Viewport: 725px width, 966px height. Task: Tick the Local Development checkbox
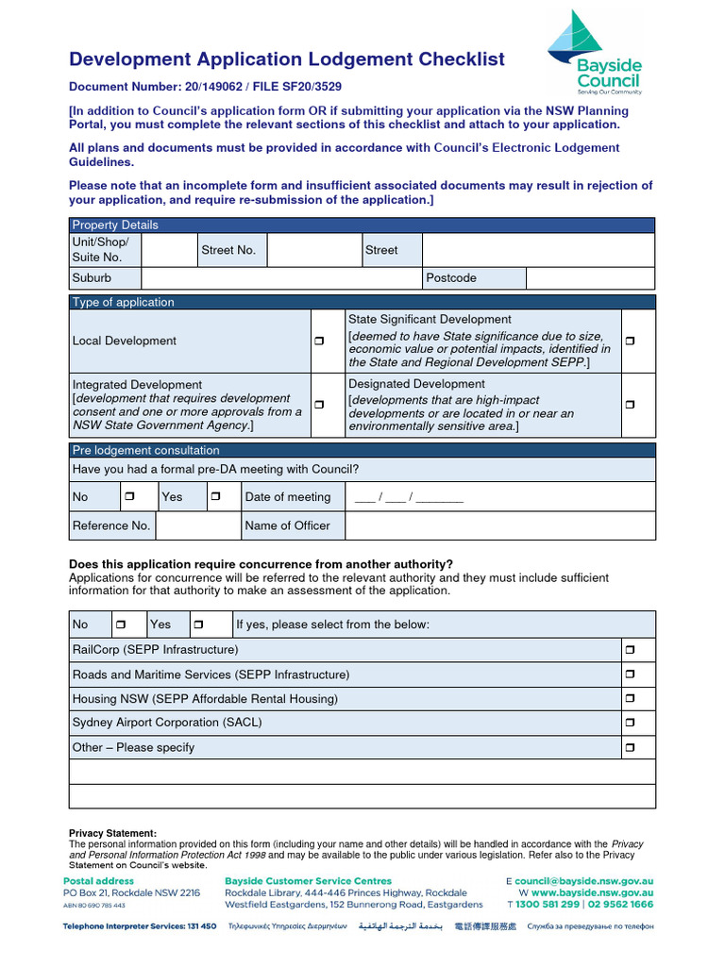coord(319,341)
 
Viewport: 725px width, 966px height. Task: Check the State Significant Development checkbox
coord(630,341)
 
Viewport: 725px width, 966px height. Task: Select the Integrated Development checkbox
coord(319,405)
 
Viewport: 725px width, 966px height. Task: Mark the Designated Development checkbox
coord(630,405)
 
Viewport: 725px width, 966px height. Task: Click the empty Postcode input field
coord(589,278)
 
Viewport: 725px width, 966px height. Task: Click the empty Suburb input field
coord(280,278)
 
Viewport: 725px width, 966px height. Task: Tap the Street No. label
coord(228,250)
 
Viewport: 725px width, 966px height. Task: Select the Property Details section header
coord(115,225)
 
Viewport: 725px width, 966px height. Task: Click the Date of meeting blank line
coord(409,497)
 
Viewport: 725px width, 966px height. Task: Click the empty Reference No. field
coord(196,525)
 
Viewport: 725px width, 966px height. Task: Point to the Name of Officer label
coord(287,525)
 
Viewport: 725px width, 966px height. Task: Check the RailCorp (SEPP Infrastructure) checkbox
coord(630,650)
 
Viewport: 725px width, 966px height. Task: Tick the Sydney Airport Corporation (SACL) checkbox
coord(630,723)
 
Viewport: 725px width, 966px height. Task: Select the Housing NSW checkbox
coord(630,699)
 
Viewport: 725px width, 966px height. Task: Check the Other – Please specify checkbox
coord(630,747)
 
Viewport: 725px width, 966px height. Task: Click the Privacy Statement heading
coord(112,833)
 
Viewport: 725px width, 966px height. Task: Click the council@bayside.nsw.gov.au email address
coord(583,881)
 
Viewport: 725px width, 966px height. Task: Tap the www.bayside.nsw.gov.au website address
coord(592,892)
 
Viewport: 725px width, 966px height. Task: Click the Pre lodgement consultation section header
coord(145,450)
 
